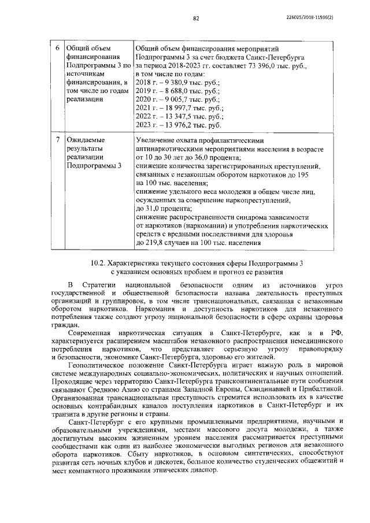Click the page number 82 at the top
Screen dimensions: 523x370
tap(196, 19)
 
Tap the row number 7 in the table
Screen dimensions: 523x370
tap(56, 140)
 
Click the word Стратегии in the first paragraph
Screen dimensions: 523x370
tap(98, 285)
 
